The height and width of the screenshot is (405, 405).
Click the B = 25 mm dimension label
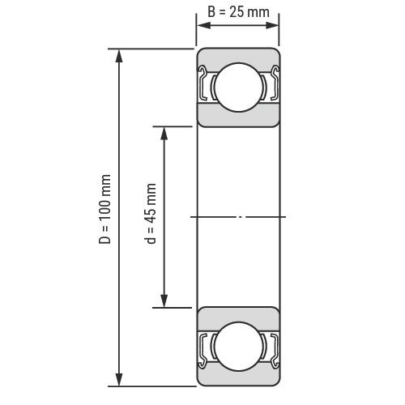click(x=238, y=12)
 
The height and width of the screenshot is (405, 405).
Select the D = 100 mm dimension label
click(x=104, y=209)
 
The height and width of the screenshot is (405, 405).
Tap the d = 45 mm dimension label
click(x=151, y=213)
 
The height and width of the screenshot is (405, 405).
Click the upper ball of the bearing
click(x=239, y=87)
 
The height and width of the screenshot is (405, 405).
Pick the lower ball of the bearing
click(x=239, y=346)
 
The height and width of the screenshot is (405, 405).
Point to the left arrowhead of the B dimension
click(x=204, y=25)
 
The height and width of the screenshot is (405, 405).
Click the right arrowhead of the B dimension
click(x=272, y=25)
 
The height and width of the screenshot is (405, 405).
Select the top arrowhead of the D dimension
click(x=119, y=56)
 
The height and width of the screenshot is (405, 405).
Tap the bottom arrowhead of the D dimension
click(x=119, y=380)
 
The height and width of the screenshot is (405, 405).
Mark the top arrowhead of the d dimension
click(x=164, y=134)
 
